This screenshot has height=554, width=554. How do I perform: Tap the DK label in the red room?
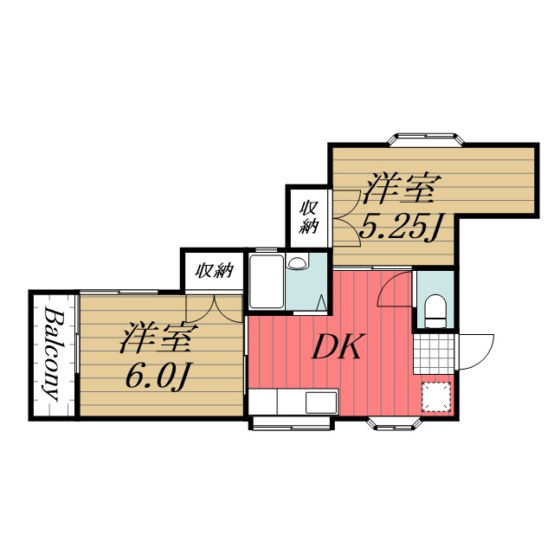point(337,346)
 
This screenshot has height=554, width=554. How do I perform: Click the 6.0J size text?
point(157,375)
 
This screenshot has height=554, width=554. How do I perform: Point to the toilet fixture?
point(435,312)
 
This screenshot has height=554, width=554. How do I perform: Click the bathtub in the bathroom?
point(267,281)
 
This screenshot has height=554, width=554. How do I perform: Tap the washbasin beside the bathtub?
point(297,263)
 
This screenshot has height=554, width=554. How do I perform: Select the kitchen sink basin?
point(321,402)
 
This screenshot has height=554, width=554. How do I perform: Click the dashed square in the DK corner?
point(436,396)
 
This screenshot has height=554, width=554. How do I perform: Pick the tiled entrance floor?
point(434,353)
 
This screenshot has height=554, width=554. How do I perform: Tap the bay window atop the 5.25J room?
point(425,138)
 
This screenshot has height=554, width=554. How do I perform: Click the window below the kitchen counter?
point(290,423)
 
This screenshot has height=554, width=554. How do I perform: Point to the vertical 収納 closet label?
point(309,217)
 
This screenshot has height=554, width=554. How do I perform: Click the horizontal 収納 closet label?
point(215,271)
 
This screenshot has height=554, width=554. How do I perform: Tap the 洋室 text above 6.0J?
point(155,337)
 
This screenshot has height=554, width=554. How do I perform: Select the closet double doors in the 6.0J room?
point(215,308)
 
